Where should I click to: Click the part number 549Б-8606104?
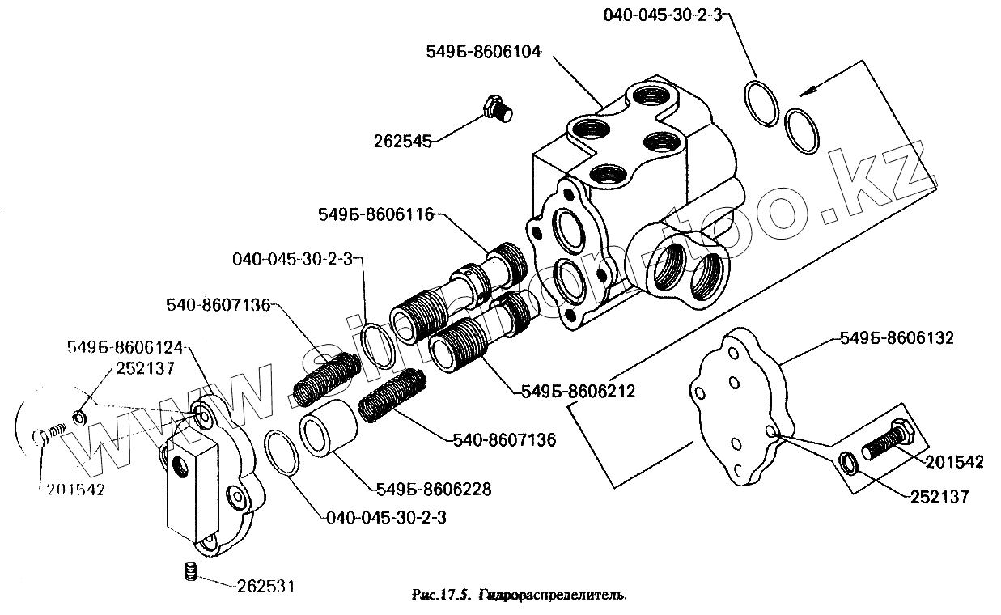[x=482, y=51]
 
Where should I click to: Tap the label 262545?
[x=402, y=142]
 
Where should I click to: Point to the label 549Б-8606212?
[x=574, y=391]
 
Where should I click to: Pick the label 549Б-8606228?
[x=434, y=490]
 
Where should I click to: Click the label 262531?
[x=261, y=584]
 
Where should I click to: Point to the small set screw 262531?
[x=191, y=570]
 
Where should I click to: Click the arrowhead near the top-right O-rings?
[x=803, y=93]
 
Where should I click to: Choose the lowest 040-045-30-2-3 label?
[x=384, y=519]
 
